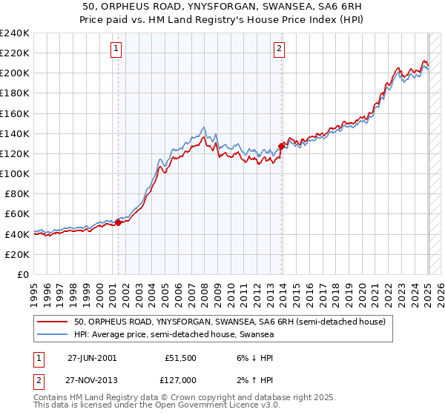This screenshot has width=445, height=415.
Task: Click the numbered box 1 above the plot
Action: [x=117, y=50]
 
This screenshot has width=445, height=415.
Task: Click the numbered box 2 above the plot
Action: [x=279, y=50]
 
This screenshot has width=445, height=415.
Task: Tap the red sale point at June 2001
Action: [x=119, y=222]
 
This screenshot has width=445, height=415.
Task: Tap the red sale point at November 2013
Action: [x=281, y=146]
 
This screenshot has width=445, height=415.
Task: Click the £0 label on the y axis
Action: [x=22, y=274]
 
